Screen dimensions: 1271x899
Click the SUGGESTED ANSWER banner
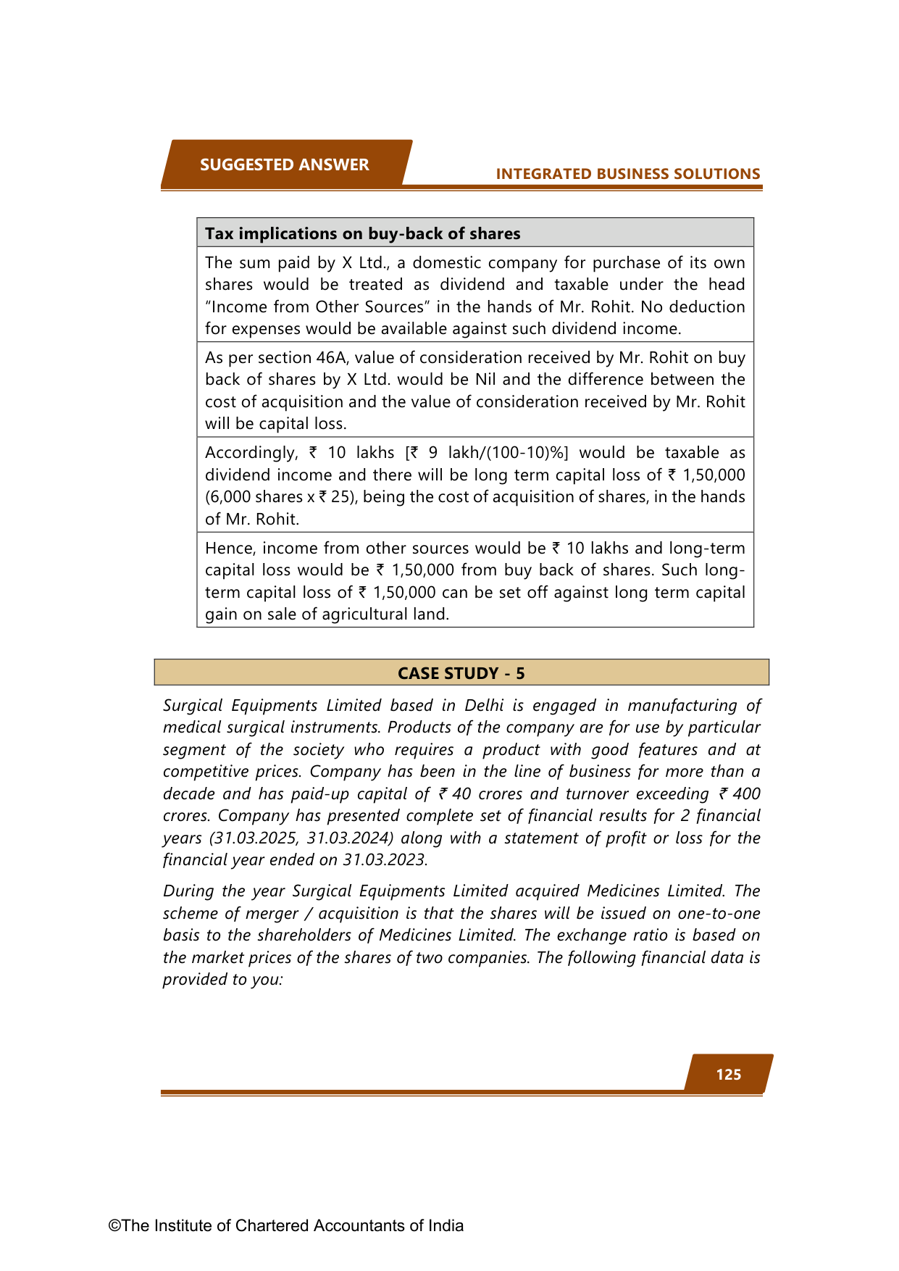pos(285,164)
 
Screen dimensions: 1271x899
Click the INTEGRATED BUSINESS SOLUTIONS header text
pos(627,174)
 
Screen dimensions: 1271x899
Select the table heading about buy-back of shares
pos(362,233)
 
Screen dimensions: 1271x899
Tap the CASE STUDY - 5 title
pos(461,673)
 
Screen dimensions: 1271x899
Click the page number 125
pos(728,1074)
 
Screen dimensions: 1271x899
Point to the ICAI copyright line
pos(286,1225)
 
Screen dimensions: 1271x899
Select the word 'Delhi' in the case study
pos(484,705)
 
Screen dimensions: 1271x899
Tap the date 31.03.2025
pos(253,838)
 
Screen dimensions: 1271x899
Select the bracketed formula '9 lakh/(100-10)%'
pos(493,452)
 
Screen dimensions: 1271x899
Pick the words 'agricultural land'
pos(385,614)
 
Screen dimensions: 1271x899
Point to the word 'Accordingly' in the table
pos(251,452)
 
